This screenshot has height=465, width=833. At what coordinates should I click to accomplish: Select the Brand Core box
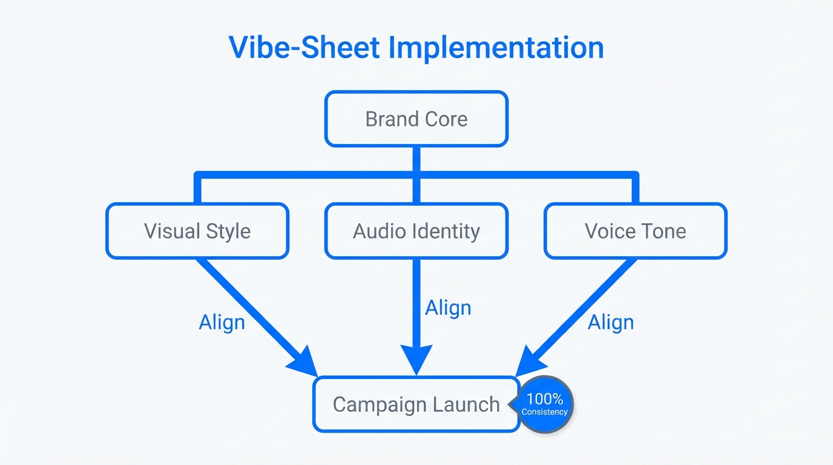[x=416, y=119]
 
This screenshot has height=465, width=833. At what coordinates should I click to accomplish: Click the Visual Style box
[x=197, y=231]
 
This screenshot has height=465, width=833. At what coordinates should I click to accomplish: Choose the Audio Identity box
[x=416, y=231]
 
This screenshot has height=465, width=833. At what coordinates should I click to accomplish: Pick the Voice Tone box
[x=635, y=231]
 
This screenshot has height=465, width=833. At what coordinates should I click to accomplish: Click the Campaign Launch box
[x=416, y=404]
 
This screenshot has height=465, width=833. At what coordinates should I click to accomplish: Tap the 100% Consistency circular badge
[x=546, y=404]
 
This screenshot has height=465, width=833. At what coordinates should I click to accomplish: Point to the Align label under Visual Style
[x=222, y=322]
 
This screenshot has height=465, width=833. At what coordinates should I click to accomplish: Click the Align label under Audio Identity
[x=448, y=308]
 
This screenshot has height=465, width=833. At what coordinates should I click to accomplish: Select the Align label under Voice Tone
[x=611, y=322]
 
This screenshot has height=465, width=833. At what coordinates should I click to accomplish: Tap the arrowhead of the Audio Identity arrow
[x=416, y=360]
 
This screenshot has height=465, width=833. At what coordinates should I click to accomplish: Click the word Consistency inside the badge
[x=545, y=412]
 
